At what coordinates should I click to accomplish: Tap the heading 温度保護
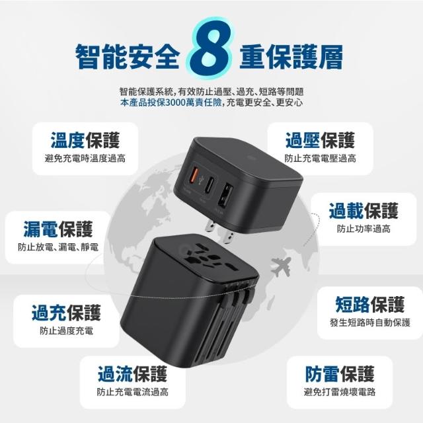click(x=85, y=140)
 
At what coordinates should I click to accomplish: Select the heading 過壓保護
click(x=320, y=140)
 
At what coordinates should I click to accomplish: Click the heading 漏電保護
click(x=58, y=229)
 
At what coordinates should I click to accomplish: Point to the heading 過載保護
click(x=364, y=211)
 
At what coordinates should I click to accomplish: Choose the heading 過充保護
click(x=66, y=313)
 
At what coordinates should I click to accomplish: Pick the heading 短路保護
click(x=370, y=304)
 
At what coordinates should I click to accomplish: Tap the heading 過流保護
click(x=132, y=374)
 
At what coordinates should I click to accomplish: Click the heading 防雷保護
click(x=340, y=374)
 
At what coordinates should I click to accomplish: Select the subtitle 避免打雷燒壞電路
click(x=340, y=392)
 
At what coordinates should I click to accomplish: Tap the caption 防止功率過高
click(x=364, y=229)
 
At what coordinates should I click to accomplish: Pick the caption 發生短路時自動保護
click(x=370, y=323)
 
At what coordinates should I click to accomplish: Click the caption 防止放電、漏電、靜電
click(x=58, y=247)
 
